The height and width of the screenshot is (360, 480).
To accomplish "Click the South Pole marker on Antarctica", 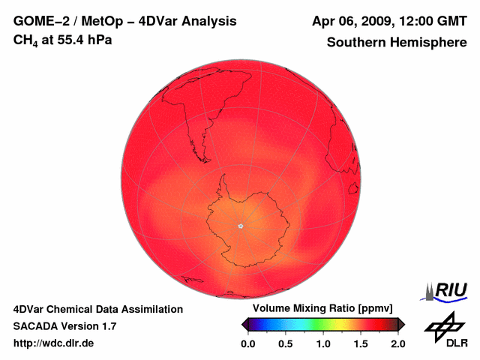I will click(x=241, y=226).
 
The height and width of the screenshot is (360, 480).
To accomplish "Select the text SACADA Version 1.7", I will click(x=65, y=326).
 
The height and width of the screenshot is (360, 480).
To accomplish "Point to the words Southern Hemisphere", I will click(x=397, y=43).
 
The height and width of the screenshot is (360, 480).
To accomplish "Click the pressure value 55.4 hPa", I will click(x=81, y=40).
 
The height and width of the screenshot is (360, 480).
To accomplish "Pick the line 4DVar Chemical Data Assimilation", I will click(x=98, y=309).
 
